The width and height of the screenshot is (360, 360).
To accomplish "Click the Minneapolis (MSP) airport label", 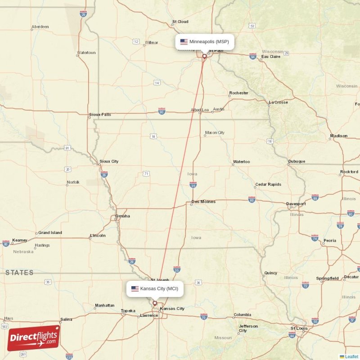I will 209,42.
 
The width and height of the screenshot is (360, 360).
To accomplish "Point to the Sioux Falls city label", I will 100,115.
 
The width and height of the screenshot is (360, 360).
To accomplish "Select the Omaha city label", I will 122,216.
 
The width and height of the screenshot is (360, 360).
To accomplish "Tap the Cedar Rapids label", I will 268,184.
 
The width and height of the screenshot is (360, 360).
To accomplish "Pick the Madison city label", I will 338,136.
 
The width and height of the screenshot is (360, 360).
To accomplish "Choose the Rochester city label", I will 238,93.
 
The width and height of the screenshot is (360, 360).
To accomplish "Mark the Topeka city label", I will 128,311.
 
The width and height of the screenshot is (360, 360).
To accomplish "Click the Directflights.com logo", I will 33,338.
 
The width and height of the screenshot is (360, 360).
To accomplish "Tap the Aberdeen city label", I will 40,27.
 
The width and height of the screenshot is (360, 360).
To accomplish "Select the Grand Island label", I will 50,233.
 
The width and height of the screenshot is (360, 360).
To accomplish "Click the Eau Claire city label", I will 271,57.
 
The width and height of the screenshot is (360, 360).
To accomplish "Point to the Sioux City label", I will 108,161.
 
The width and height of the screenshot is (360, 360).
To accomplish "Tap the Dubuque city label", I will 297,162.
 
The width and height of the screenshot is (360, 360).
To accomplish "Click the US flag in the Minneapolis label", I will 184,42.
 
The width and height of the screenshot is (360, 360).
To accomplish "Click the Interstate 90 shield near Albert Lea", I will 162,110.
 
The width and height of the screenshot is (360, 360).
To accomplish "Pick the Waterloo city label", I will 241,162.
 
